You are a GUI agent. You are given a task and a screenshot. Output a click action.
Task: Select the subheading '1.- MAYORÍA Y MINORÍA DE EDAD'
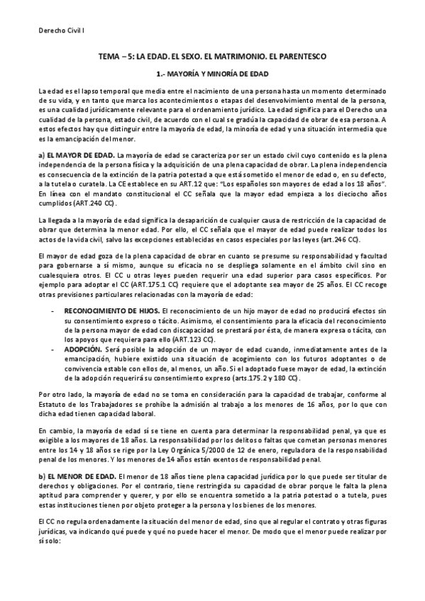pos(211,73)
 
